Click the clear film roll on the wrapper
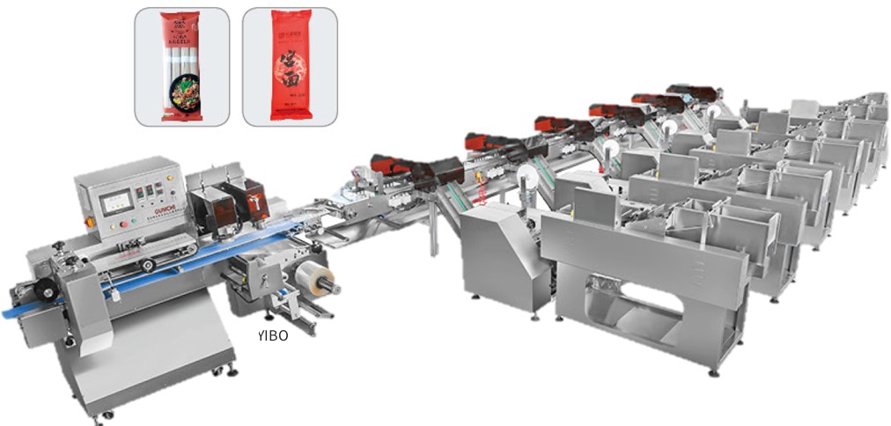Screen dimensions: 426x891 point(317,281)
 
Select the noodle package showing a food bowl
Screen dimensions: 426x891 point(180,66)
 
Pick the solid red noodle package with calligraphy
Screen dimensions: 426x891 point(290,66)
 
